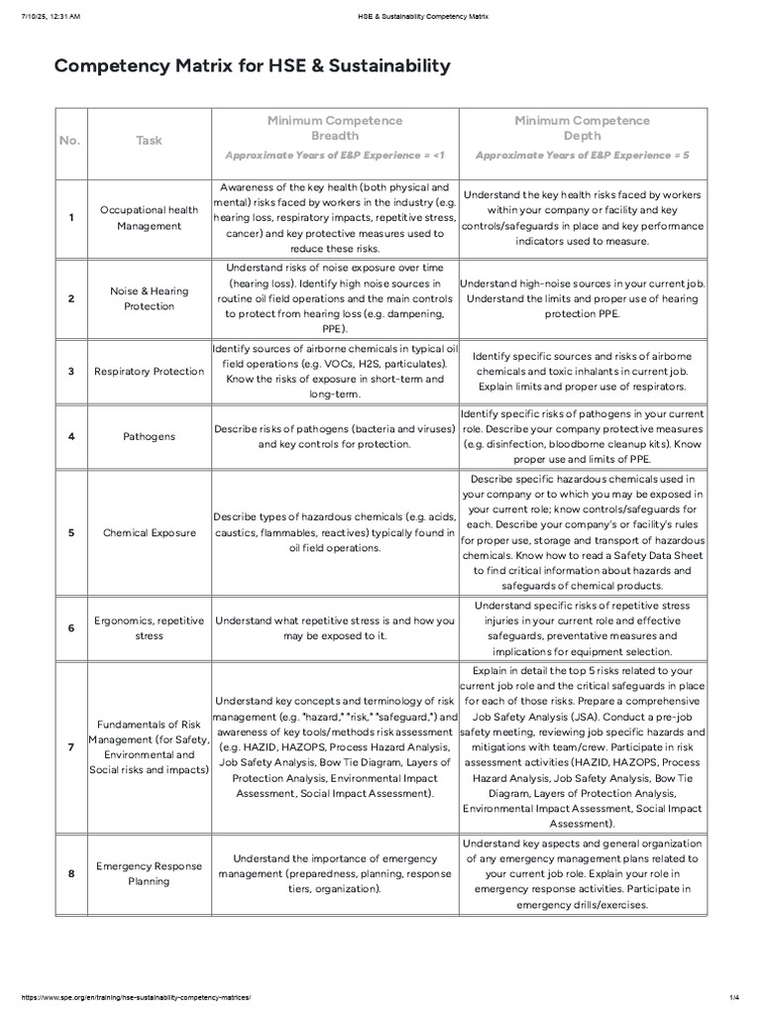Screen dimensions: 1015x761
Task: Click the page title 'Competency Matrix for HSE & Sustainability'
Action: pyautogui.click(x=252, y=66)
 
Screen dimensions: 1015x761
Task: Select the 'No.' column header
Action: pyautogui.click(x=69, y=141)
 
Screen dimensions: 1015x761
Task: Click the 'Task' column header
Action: pyautogui.click(x=149, y=141)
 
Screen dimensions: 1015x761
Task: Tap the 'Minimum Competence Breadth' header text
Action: pyautogui.click(x=335, y=128)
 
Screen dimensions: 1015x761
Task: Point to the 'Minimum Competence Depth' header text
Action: pyautogui.click(x=582, y=128)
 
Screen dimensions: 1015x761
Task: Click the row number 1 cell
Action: pyautogui.click(x=70, y=218)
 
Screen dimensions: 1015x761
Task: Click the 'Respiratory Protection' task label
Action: pyautogui.click(x=149, y=372)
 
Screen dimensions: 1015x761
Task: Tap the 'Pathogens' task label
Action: pyautogui.click(x=149, y=435)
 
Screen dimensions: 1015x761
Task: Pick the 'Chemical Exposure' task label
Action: pyautogui.click(x=149, y=532)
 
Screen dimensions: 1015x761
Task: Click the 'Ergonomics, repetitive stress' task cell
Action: pyautogui.click(x=149, y=627)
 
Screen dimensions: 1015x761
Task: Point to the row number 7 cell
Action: pyautogui.click(x=70, y=745)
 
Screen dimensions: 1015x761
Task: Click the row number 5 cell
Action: pyautogui.click(x=70, y=532)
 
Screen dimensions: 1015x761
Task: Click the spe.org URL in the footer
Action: pyautogui.click(x=129, y=998)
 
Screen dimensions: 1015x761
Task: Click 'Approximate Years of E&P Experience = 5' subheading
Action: pyautogui.click(x=582, y=156)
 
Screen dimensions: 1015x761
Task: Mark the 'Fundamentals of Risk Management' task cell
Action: pyautogui.click(x=149, y=745)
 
